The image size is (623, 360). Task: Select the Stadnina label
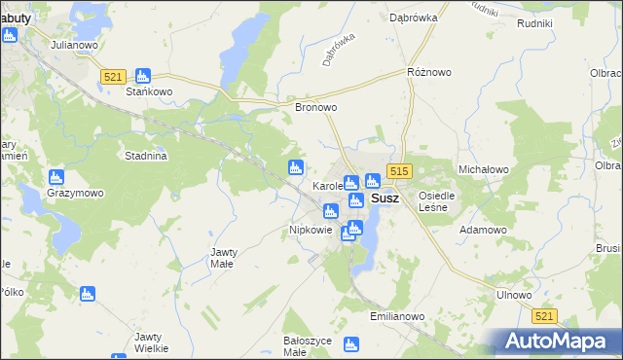point(147,156)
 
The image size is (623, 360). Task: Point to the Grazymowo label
point(75,193)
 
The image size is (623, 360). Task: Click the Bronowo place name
point(315,108)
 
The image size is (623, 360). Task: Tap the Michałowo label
point(484,168)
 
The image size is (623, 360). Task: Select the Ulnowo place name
point(514,295)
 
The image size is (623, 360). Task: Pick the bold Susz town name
point(385,198)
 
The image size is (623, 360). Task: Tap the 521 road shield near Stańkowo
point(114,77)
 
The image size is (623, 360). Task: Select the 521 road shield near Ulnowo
point(545,316)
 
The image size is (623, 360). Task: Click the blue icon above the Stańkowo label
point(143,75)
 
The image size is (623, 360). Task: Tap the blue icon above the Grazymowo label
point(55,176)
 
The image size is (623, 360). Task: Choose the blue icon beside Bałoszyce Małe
point(351,342)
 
